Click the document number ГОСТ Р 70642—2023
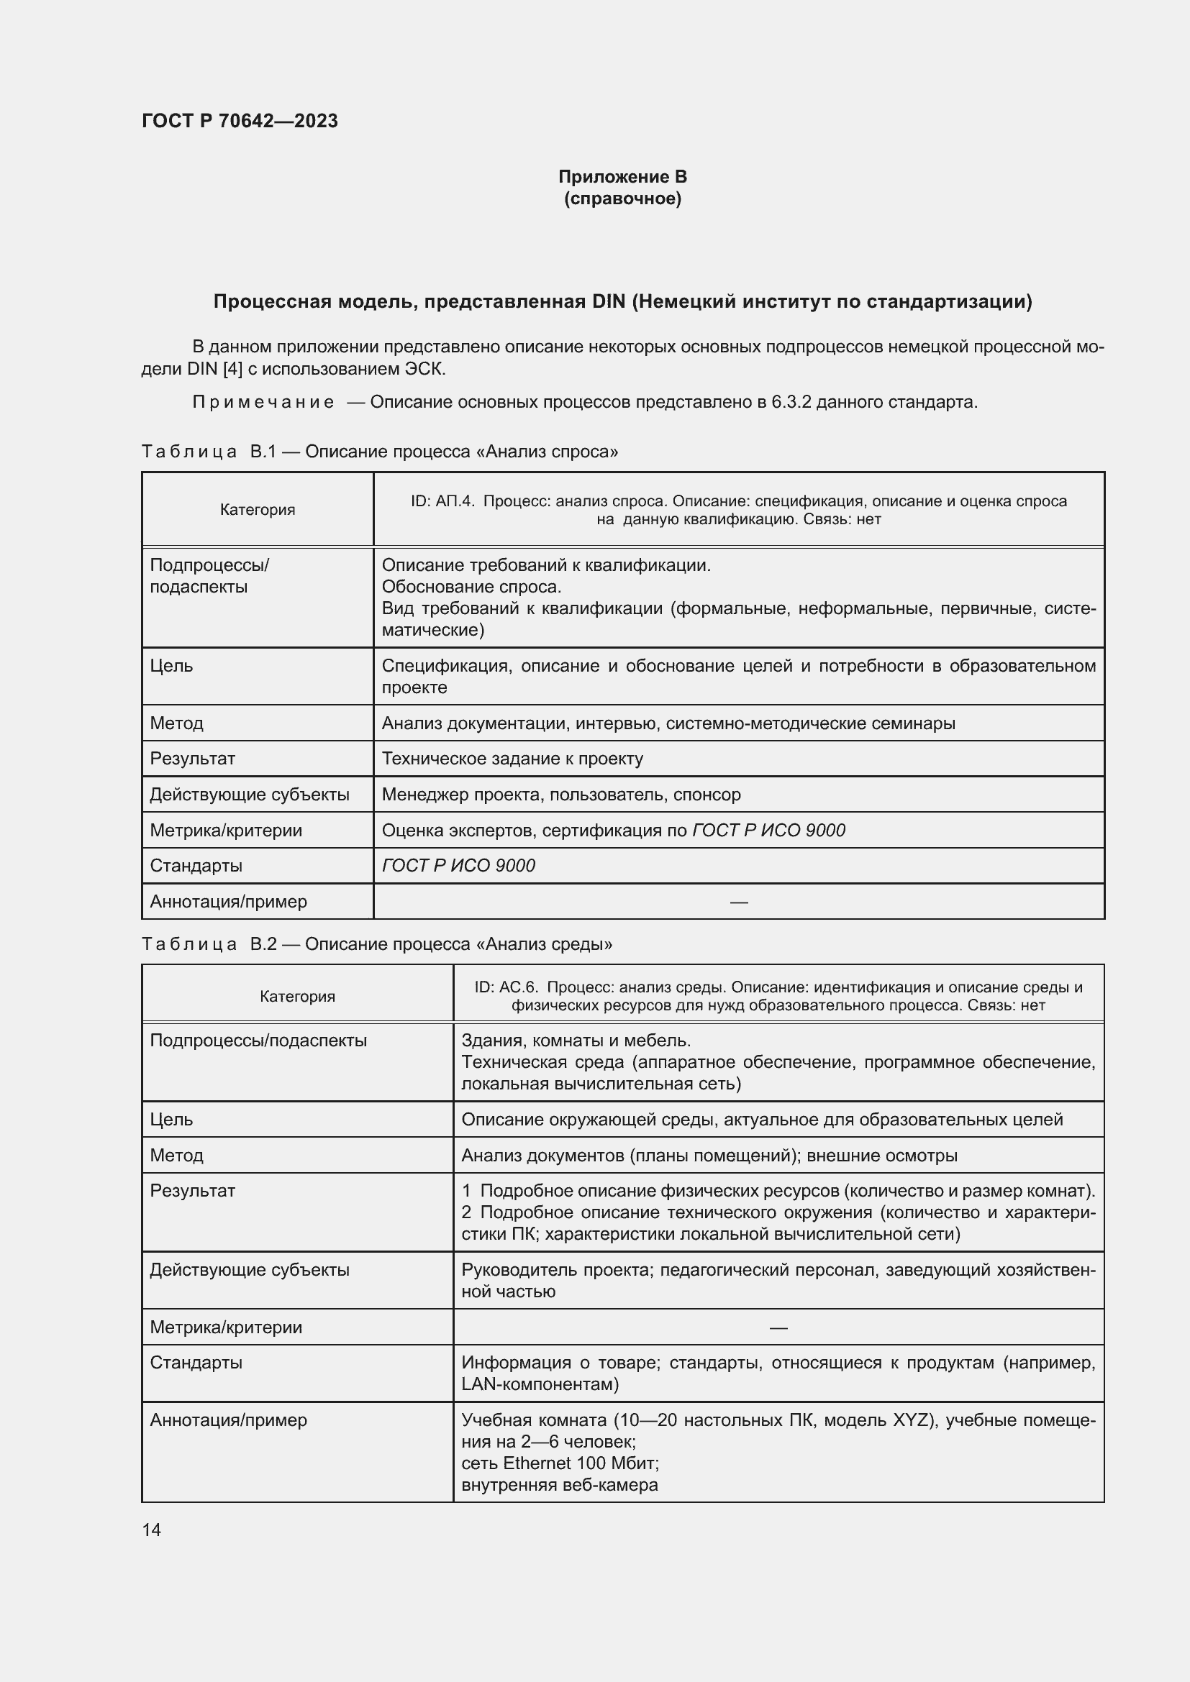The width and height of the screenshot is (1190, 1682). (240, 121)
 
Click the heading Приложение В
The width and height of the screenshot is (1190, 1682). (622, 177)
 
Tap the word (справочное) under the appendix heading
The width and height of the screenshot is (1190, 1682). (622, 198)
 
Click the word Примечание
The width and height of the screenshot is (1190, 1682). (263, 402)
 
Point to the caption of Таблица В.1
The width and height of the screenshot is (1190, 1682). (380, 452)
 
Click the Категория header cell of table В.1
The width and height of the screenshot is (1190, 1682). (257, 510)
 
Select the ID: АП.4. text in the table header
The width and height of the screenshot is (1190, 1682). (442, 501)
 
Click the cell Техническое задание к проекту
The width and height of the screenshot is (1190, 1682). (512, 758)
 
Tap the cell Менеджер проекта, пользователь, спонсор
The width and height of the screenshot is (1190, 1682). (561, 794)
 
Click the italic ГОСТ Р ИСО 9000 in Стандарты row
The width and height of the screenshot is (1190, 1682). (459, 865)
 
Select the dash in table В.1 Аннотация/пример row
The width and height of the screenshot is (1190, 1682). (739, 902)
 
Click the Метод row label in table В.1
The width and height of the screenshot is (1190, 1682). (176, 723)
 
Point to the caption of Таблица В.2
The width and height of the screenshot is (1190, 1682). (376, 944)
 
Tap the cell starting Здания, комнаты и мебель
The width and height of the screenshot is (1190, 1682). (576, 1041)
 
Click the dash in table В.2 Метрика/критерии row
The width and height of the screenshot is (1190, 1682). (778, 1327)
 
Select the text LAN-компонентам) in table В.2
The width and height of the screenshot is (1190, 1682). (540, 1384)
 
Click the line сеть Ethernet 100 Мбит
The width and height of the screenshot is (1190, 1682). (560, 1463)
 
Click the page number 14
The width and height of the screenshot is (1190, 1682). (152, 1530)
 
